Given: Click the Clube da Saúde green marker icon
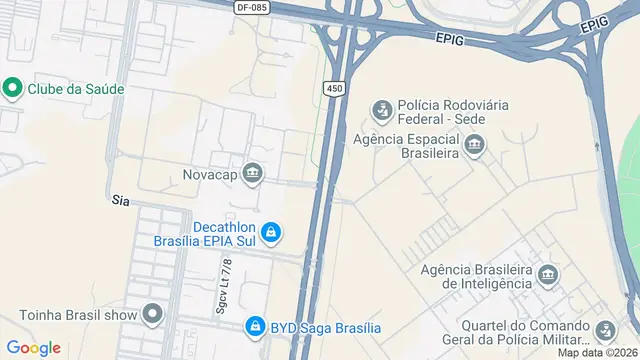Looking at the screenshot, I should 13,88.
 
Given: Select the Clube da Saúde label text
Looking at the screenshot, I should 76,88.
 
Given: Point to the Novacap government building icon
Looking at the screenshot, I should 253,174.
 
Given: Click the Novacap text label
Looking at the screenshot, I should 209,174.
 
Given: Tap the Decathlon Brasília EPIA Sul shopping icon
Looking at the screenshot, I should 271,233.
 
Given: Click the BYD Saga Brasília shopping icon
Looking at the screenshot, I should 255,327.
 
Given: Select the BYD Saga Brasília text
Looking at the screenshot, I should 326,327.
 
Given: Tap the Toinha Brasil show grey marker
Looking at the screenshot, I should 152,315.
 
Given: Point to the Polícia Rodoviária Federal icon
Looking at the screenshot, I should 380,107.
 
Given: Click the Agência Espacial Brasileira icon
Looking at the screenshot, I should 475,147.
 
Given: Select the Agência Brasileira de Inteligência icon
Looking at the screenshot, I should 547,274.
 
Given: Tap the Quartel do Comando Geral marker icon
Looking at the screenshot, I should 605,329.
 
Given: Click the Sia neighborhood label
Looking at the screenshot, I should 122,201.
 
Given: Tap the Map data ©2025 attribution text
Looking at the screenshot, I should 596,352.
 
